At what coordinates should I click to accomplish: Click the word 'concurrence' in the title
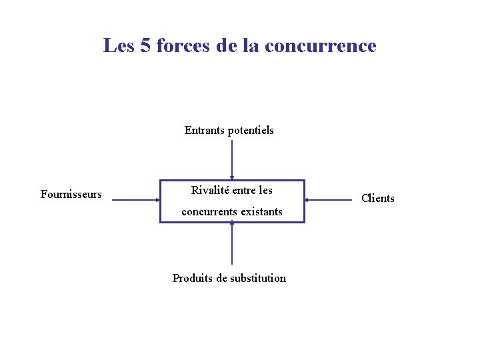click(x=320, y=46)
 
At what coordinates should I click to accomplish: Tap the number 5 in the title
click(x=145, y=46)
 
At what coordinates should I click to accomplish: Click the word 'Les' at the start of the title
click(x=119, y=46)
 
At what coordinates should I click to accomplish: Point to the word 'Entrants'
click(x=205, y=131)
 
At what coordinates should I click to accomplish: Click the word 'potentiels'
click(x=251, y=131)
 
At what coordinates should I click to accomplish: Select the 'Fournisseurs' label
click(x=71, y=195)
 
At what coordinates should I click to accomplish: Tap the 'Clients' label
click(x=377, y=198)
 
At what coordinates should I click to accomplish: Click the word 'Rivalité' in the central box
click(x=210, y=191)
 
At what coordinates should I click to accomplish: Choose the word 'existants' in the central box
click(x=261, y=212)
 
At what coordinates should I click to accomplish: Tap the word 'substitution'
click(x=257, y=279)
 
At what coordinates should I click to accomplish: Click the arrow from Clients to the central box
click(x=327, y=199)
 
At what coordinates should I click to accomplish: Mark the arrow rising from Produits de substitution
click(x=232, y=243)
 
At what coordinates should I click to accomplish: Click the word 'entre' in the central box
click(x=245, y=191)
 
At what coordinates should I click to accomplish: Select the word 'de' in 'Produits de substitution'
click(x=221, y=279)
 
